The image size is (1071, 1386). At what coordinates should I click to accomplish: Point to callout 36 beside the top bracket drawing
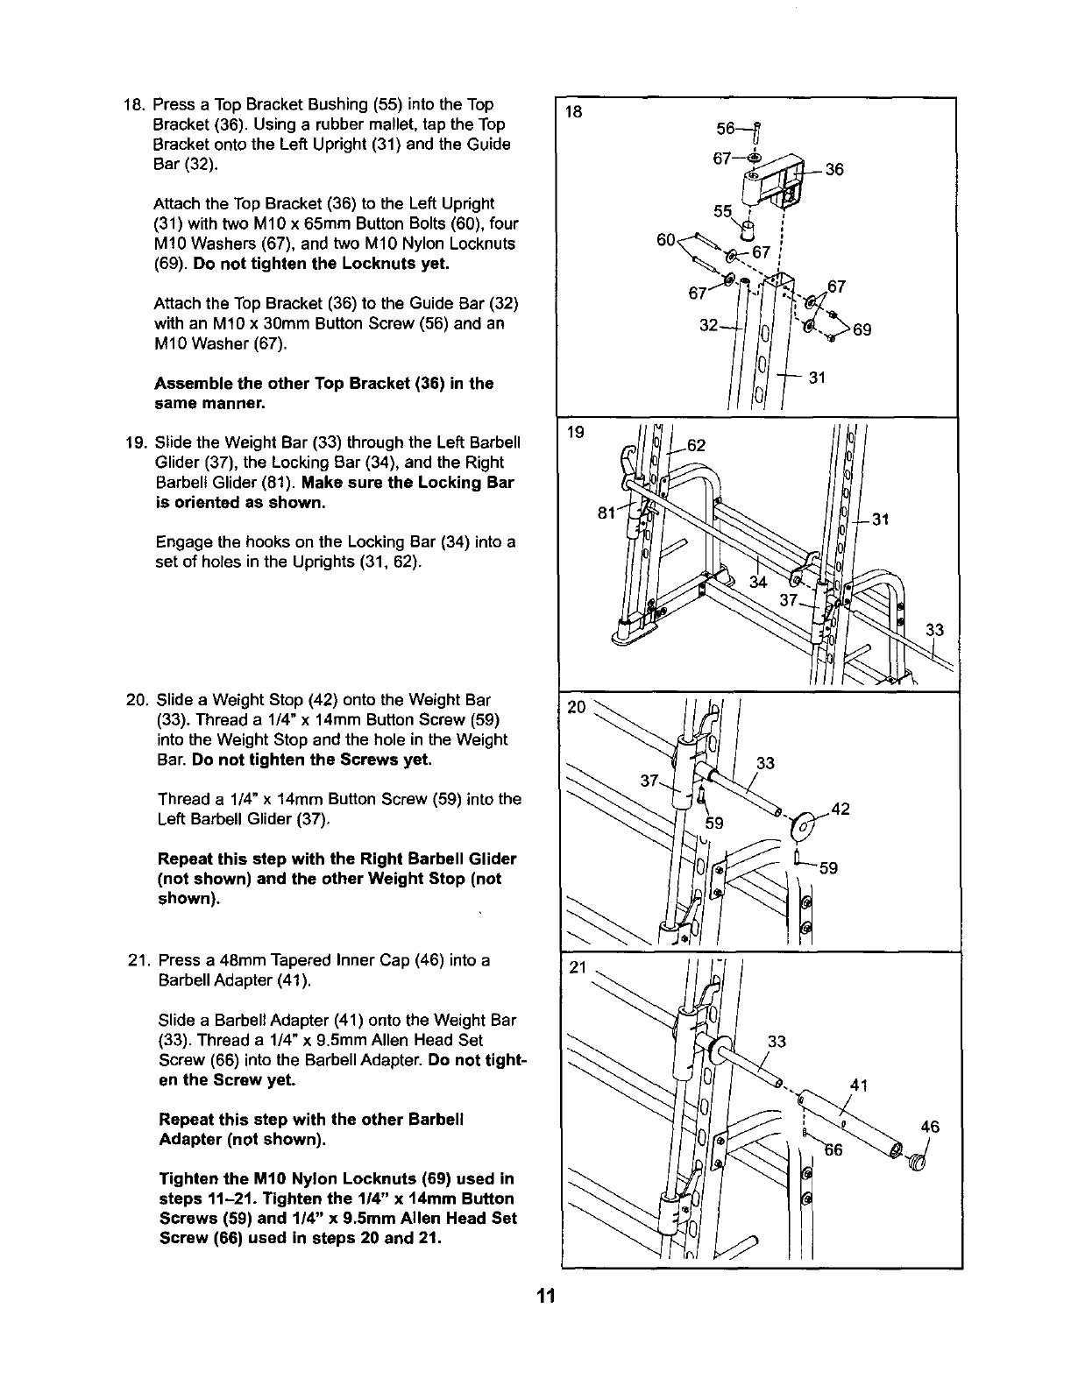pyautogui.click(x=833, y=170)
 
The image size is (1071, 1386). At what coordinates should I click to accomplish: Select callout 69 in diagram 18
pyautogui.click(x=862, y=330)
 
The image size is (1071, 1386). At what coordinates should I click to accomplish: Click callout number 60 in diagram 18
pyautogui.click(x=666, y=239)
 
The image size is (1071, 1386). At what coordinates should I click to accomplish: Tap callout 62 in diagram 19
pyautogui.click(x=697, y=445)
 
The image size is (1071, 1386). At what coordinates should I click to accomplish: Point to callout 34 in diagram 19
pyautogui.click(x=759, y=582)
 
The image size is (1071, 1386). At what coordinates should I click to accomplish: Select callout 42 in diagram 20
pyautogui.click(x=840, y=809)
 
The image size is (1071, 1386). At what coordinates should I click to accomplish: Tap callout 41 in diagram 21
pyautogui.click(x=859, y=1087)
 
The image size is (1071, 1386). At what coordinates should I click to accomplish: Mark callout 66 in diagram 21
pyautogui.click(x=833, y=1150)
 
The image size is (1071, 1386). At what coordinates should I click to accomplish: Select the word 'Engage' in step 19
pyautogui.click(x=181, y=542)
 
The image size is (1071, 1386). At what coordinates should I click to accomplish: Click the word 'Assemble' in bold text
pyautogui.click(x=189, y=384)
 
